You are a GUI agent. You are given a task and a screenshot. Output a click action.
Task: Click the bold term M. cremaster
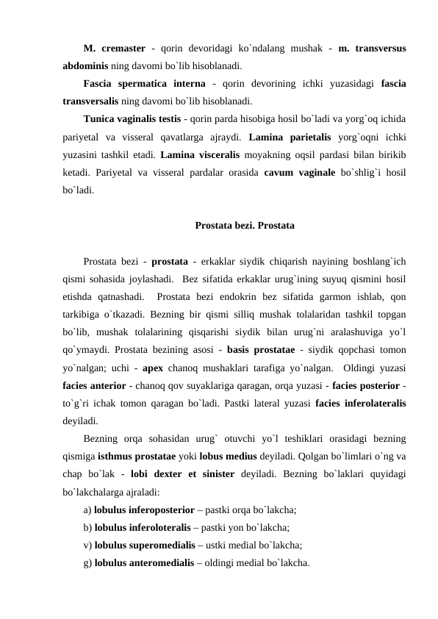pyautogui.click(x=114, y=49)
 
